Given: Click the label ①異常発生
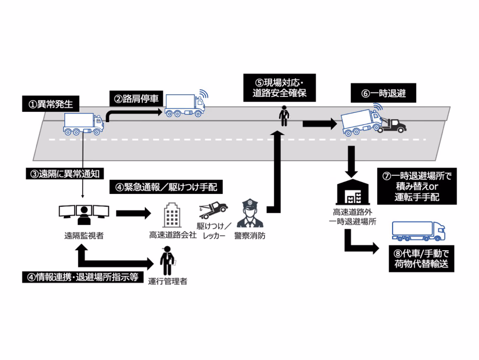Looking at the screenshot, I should pos(51,104).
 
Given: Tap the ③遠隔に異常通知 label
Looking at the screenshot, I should pos(65,174).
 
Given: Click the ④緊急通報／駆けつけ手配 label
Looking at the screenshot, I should pos(166,187).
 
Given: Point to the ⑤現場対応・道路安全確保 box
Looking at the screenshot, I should pos(279,88).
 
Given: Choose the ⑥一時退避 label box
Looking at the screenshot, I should pos(383,93).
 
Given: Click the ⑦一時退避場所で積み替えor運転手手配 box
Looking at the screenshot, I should pos(417,186).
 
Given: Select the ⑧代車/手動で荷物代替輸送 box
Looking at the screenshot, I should pos(421,259).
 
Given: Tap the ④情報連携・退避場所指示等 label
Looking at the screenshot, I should pos(83,277).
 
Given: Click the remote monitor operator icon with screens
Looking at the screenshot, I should pos(84,215).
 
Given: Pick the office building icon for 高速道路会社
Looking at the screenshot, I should pos(172,215).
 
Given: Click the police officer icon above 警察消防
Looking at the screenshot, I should pos(250,214).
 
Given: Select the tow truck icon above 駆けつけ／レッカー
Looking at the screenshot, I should pos(213,209).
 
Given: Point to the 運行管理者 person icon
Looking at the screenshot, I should pos(167,261).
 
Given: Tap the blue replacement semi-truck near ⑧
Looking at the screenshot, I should pos(418,231).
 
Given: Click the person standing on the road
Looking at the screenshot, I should pos(284,116).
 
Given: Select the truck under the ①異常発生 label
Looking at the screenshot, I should pos(84,124).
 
